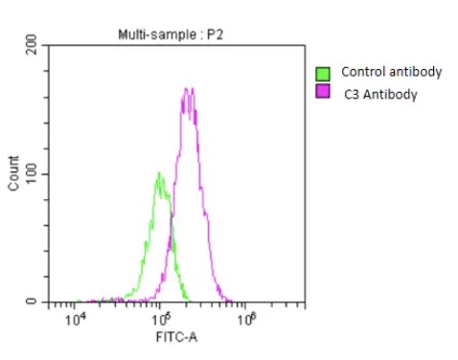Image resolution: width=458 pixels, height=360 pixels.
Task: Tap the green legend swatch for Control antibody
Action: click(323, 73)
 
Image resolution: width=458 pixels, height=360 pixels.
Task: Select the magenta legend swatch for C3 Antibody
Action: click(323, 91)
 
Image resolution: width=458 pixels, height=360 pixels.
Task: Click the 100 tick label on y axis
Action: click(32, 174)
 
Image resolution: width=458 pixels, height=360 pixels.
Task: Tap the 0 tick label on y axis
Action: click(32, 303)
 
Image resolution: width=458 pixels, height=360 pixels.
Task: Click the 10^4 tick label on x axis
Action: click(74, 320)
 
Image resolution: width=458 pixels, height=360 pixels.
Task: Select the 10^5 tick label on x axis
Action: click(160, 320)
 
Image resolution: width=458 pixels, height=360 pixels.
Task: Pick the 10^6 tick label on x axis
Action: click(246, 320)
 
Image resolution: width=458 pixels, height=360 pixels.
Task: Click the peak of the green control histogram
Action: click(159, 174)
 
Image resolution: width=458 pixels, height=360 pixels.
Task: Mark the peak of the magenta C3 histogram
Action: click(188, 89)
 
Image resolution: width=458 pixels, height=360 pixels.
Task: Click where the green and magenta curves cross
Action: click(172, 218)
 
